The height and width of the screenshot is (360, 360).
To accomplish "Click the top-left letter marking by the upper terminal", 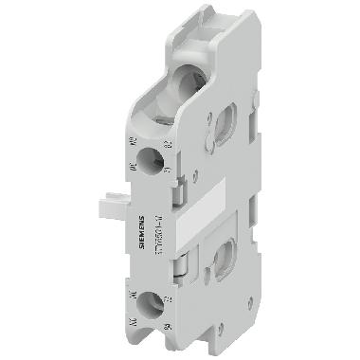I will click(x=130, y=143).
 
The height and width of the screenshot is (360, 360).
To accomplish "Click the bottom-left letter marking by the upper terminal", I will click(x=131, y=170).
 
